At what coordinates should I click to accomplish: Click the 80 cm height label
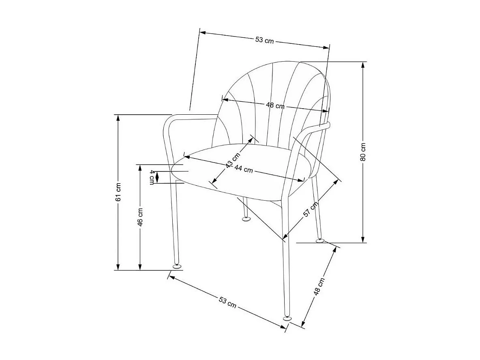tap(363, 152)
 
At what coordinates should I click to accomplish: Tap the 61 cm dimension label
tap(118, 193)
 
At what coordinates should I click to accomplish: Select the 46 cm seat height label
tap(140, 217)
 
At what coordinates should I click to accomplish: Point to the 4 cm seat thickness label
tap(152, 177)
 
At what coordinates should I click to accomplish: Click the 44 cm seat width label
tap(243, 169)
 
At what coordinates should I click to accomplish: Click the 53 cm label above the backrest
tap(264, 40)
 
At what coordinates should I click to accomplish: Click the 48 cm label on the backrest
tap(275, 105)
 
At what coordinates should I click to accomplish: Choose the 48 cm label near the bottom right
tap(319, 287)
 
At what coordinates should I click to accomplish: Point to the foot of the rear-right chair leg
tap(320, 241)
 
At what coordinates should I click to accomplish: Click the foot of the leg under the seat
tap(246, 219)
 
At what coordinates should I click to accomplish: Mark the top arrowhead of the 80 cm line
tap(363, 65)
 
